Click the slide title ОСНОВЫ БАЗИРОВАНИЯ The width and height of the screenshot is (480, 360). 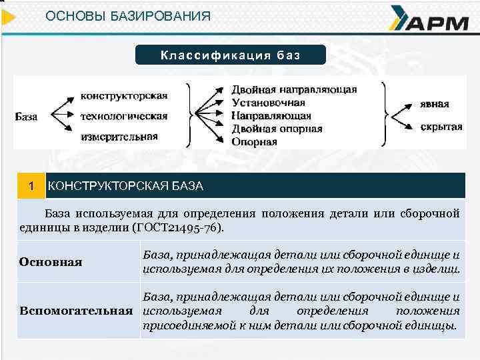[128, 15]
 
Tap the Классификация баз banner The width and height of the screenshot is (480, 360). [231, 55]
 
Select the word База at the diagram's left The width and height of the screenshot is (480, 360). [27, 116]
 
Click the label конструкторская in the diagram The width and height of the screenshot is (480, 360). [123, 95]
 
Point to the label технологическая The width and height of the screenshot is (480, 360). [123, 116]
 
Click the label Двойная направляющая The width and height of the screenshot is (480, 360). [294, 89]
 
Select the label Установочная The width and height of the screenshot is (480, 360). [268, 103]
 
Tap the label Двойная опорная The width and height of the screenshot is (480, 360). [277, 129]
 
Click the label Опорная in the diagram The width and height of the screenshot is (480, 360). [254, 141]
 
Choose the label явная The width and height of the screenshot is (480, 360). [435, 104]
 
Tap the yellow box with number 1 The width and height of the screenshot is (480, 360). [29, 185]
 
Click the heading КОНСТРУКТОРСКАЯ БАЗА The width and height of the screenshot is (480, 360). [125, 186]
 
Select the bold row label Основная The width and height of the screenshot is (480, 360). [51, 262]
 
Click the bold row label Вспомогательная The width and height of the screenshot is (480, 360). [75, 311]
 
